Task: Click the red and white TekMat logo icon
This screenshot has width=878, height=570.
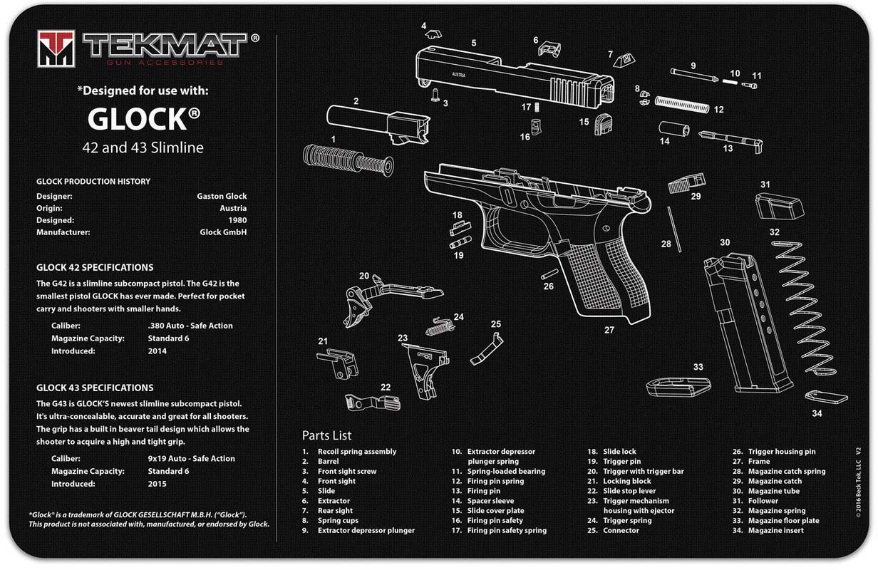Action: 56,48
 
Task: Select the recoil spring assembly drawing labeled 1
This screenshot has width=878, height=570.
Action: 347,159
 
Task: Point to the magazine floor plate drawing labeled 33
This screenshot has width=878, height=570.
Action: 678,386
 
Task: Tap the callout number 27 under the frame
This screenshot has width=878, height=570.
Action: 609,330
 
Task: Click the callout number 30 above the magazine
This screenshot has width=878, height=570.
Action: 724,242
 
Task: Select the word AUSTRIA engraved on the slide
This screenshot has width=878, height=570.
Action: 459,73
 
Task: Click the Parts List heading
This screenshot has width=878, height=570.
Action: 326,435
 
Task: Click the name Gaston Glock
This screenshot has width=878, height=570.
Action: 222,196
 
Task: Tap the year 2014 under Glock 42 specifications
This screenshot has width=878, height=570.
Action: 157,351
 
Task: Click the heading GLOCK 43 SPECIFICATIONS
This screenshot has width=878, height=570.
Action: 95,388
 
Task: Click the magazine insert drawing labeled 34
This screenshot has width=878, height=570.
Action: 826,396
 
